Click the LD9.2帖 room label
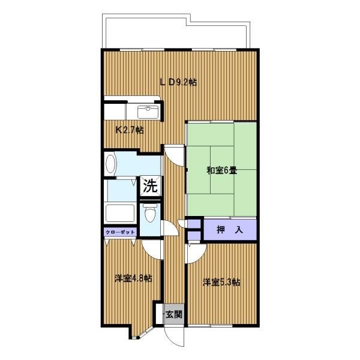pos(178,82)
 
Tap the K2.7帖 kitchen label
pos(130,130)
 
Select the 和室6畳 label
pos(222,171)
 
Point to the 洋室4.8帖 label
pos(133,278)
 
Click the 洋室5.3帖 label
pos(221,282)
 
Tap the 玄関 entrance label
pos(174,314)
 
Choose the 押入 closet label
pos(230,230)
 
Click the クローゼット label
pos(120,232)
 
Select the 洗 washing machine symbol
pos(151,186)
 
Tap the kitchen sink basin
pos(148,112)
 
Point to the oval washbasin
pos(110,163)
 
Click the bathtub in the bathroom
pos(119,213)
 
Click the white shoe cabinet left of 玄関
pos(159,314)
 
